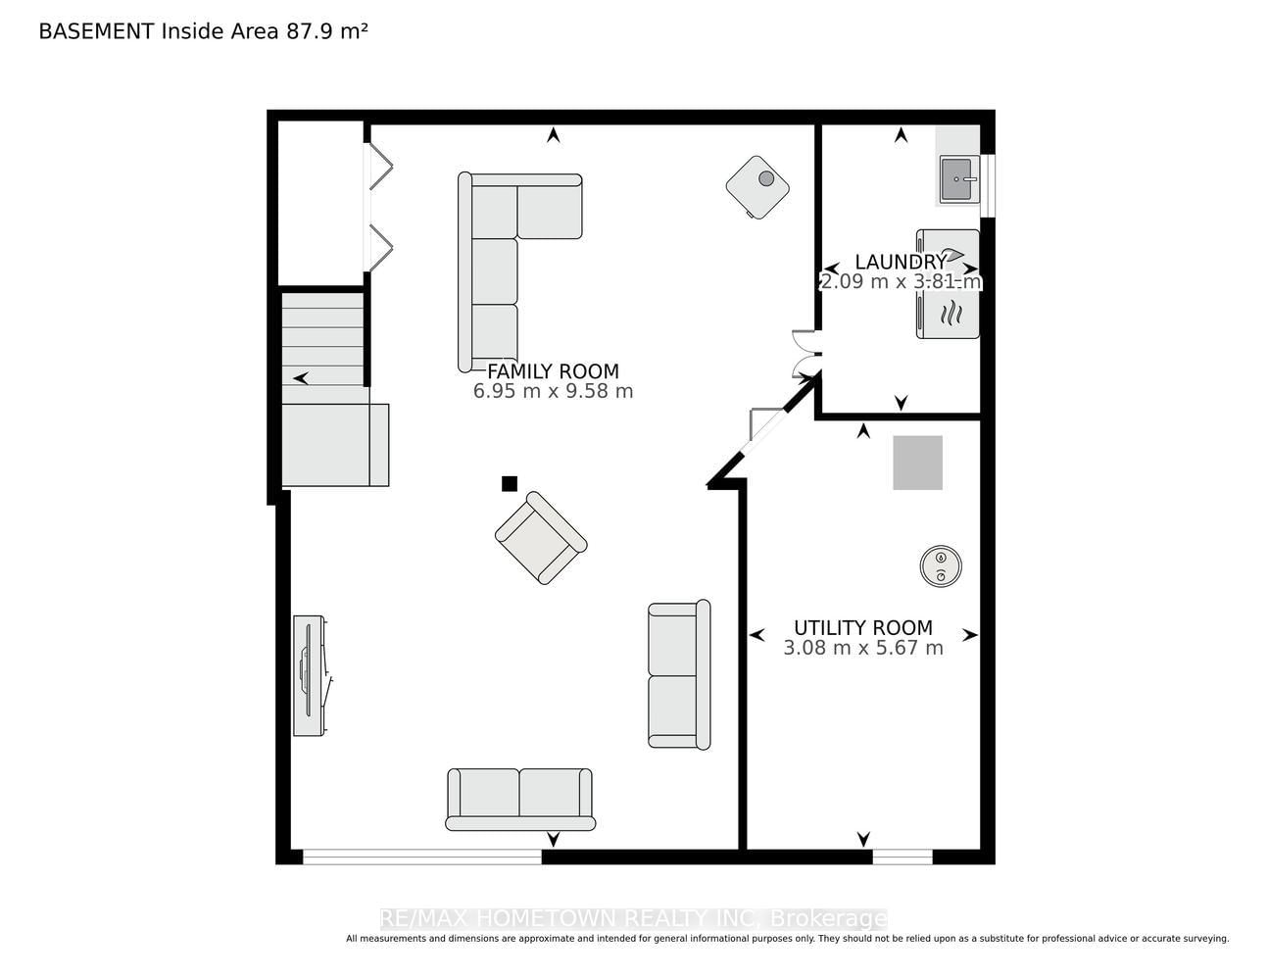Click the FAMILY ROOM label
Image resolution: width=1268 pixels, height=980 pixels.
click(x=553, y=371)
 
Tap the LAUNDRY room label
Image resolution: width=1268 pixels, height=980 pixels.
click(x=901, y=262)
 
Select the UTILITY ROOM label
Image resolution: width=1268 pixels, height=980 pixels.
click(x=863, y=627)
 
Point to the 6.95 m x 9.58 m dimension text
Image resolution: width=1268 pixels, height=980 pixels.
click(x=553, y=391)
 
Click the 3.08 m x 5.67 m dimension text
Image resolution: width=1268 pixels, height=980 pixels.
click(x=863, y=648)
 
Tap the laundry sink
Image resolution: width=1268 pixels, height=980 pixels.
click(x=958, y=179)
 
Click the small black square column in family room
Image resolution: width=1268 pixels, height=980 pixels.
click(x=510, y=483)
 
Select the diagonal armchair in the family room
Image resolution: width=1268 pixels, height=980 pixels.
click(x=541, y=538)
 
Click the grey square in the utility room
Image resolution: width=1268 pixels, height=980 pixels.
click(x=918, y=463)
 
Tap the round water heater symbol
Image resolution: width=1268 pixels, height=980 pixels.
click(x=941, y=565)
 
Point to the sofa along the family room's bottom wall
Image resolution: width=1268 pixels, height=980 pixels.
click(x=520, y=799)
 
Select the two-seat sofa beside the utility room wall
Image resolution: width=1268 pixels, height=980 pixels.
click(x=679, y=674)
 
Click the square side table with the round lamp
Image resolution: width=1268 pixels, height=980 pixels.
click(x=757, y=187)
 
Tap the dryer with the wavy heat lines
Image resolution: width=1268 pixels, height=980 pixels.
click(x=948, y=315)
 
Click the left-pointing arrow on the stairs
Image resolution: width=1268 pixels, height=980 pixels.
click(x=301, y=378)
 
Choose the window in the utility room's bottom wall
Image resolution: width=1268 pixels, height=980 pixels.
click(x=902, y=857)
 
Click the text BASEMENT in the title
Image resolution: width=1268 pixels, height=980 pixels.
click(x=96, y=31)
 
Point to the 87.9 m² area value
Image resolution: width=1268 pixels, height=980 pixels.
click(x=326, y=31)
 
